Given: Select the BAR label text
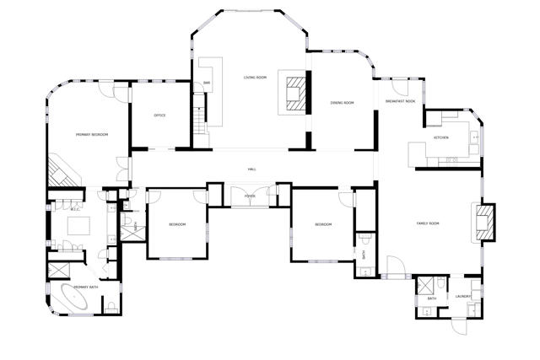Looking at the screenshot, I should click(x=206, y=83).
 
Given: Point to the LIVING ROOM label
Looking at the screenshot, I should click(x=255, y=78).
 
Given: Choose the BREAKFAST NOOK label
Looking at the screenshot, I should click(x=400, y=101).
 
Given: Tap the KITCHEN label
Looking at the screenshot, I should click(x=440, y=137).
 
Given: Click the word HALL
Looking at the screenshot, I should click(x=251, y=169).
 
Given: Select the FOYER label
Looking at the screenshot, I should click(x=250, y=196).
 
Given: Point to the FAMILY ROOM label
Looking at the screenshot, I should click(x=429, y=223).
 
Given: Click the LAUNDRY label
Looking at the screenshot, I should click(x=462, y=297).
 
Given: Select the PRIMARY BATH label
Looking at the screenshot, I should click(x=88, y=287).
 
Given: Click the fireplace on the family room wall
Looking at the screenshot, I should click(x=484, y=221).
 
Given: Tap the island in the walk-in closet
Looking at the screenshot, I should click(x=78, y=226).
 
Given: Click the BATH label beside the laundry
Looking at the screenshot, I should click(x=431, y=298).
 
